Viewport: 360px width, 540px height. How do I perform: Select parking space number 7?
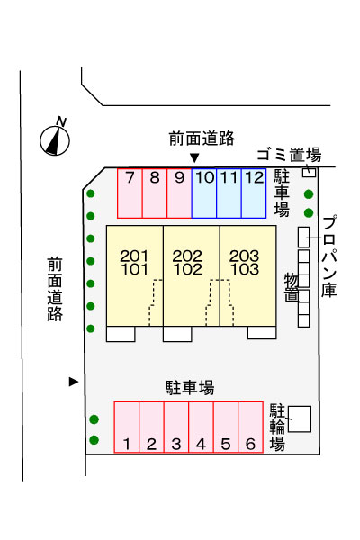point(130,193)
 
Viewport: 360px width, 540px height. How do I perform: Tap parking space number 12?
point(254,193)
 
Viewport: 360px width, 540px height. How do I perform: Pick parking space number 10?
point(204,193)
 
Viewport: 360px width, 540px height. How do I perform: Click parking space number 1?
point(127,427)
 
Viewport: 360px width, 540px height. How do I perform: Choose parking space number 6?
point(251,427)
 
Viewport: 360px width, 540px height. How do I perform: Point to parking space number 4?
point(202,427)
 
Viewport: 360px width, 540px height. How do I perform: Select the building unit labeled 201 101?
point(135,275)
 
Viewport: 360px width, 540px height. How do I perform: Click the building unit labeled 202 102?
point(191,275)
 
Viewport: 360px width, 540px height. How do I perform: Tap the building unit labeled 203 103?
point(248,275)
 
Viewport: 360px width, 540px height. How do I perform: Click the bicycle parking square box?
point(300,419)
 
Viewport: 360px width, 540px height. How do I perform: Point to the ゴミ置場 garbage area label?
point(290,155)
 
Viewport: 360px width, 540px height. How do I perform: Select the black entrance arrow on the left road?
point(74,382)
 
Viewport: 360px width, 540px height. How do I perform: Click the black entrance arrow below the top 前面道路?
point(194,158)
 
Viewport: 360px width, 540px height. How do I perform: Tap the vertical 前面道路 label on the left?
point(55,289)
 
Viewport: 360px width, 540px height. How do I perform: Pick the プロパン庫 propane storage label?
point(329,256)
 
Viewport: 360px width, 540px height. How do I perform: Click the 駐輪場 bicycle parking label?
point(277,427)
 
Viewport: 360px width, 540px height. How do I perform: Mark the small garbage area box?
point(309,172)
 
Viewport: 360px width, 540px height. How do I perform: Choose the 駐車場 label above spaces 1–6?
point(190,387)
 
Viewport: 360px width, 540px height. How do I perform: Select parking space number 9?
point(179,193)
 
